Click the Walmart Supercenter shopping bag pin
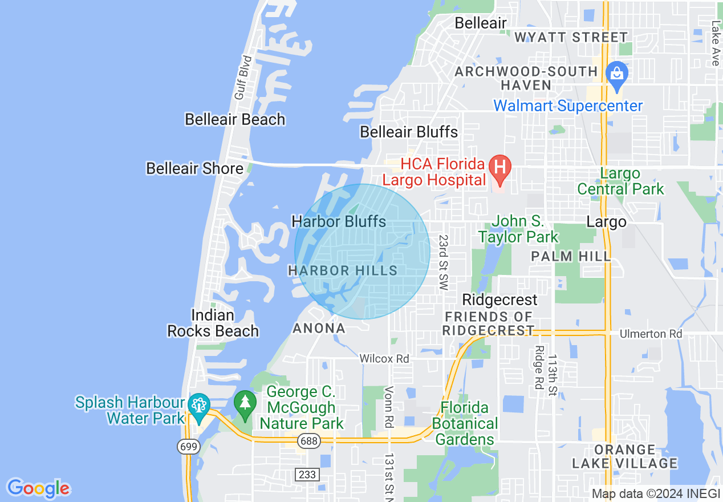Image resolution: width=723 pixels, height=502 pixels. click(x=616, y=74)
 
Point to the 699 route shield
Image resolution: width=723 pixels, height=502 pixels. click(x=188, y=446)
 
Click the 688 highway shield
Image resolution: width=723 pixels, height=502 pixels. click(x=308, y=440)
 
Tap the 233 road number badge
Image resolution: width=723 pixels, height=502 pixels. click(x=303, y=473)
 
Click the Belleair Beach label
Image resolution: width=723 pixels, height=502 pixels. click(x=235, y=119)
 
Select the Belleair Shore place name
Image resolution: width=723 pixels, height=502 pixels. click(x=194, y=168)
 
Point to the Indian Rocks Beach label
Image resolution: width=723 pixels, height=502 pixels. click(x=213, y=323)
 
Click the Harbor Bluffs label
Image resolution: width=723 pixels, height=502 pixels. click(x=339, y=221)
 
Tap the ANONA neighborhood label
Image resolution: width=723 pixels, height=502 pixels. click(x=319, y=328)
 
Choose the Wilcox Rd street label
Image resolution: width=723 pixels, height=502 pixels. click(x=384, y=359)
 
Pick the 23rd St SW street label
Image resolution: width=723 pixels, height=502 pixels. click(x=443, y=262)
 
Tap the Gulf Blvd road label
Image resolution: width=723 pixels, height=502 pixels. click(x=243, y=78)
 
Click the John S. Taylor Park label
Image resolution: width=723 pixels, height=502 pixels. click(x=518, y=229)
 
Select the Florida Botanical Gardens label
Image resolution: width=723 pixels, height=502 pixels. click(x=465, y=423)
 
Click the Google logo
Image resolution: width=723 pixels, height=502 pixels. click(x=38, y=488)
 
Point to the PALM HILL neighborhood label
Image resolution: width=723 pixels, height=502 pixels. click(x=571, y=256)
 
